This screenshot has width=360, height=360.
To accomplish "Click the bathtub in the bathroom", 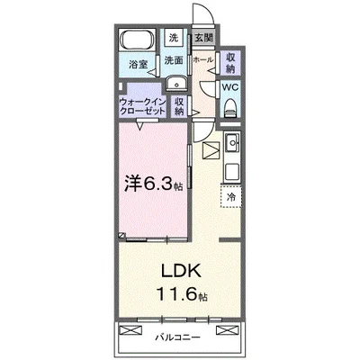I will [x=137, y=42].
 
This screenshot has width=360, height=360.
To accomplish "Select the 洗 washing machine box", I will [x=174, y=38].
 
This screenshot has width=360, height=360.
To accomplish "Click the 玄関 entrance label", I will [x=203, y=39].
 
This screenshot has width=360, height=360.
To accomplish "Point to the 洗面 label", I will [x=174, y=60].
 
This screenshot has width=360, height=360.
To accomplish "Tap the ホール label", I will [x=203, y=59].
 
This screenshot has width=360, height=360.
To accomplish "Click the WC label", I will [x=229, y=88].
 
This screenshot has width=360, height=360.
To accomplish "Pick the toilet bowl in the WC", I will [x=230, y=108].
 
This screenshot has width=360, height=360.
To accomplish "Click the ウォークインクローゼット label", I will [x=141, y=108].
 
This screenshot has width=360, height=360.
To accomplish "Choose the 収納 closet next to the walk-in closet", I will [x=180, y=107].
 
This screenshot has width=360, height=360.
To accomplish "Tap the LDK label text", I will [x=180, y=270].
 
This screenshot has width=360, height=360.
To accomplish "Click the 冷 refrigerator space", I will [x=230, y=196].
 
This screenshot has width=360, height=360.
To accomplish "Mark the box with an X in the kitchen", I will [x=211, y=150].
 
